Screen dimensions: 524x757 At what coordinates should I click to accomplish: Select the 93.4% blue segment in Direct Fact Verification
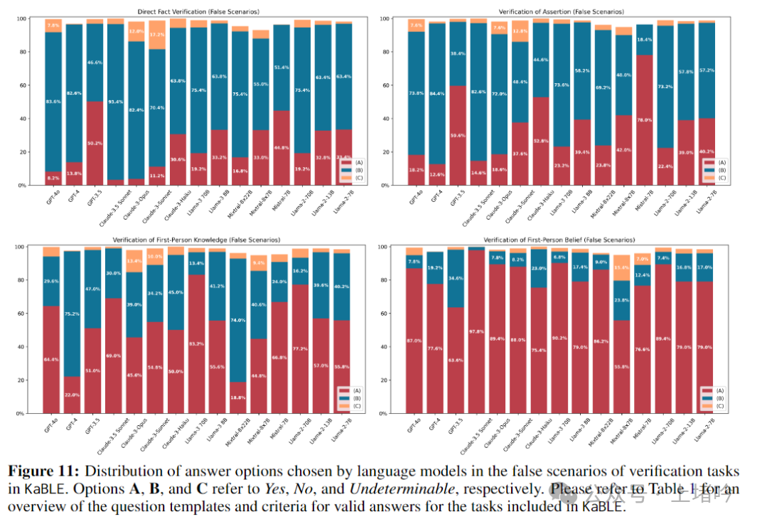tap(115, 102)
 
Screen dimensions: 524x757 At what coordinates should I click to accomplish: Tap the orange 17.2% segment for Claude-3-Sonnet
tap(156, 35)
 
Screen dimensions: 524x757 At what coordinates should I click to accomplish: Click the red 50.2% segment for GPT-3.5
tap(95, 143)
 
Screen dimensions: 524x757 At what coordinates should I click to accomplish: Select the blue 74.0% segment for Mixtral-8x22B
tap(239, 321)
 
